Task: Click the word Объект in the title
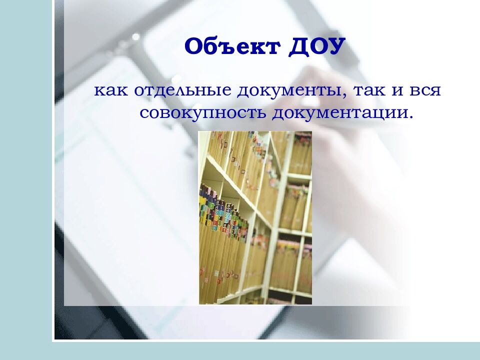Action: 232,47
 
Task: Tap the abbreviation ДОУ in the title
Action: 316,47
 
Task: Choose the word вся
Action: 426,91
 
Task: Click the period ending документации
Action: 412,117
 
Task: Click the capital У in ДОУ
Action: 336,47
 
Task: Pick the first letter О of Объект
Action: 193,47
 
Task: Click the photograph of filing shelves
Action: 255,217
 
